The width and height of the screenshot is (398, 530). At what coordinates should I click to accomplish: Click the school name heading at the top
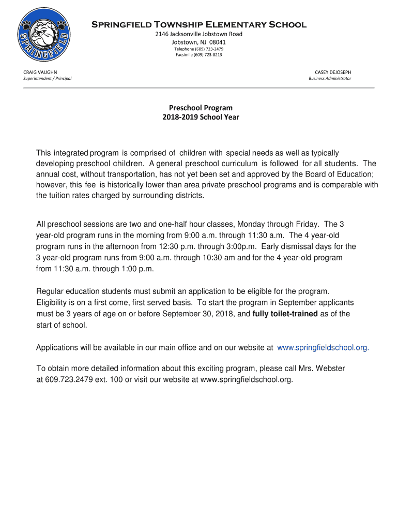click(x=199, y=25)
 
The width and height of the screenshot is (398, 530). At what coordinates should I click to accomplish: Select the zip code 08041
click(x=217, y=42)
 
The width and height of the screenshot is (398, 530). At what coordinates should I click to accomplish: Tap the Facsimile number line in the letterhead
click(x=199, y=54)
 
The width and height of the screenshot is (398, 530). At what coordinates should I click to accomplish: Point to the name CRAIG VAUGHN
click(x=40, y=72)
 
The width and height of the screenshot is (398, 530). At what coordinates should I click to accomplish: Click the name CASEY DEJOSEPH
click(x=333, y=72)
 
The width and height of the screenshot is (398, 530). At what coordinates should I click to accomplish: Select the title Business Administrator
click(x=330, y=79)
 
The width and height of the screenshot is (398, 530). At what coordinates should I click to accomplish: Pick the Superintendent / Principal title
click(x=48, y=79)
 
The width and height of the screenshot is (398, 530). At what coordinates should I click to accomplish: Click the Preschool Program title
click(x=201, y=108)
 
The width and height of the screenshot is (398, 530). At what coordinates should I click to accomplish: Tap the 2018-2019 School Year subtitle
click(x=201, y=117)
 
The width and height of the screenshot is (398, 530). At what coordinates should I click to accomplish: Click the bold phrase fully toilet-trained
click(x=285, y=314)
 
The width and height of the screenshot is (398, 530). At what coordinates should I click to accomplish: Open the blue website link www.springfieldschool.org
click(x=323, y=348)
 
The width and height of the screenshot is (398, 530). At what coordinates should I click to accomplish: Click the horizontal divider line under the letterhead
click(x=199, y=88)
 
